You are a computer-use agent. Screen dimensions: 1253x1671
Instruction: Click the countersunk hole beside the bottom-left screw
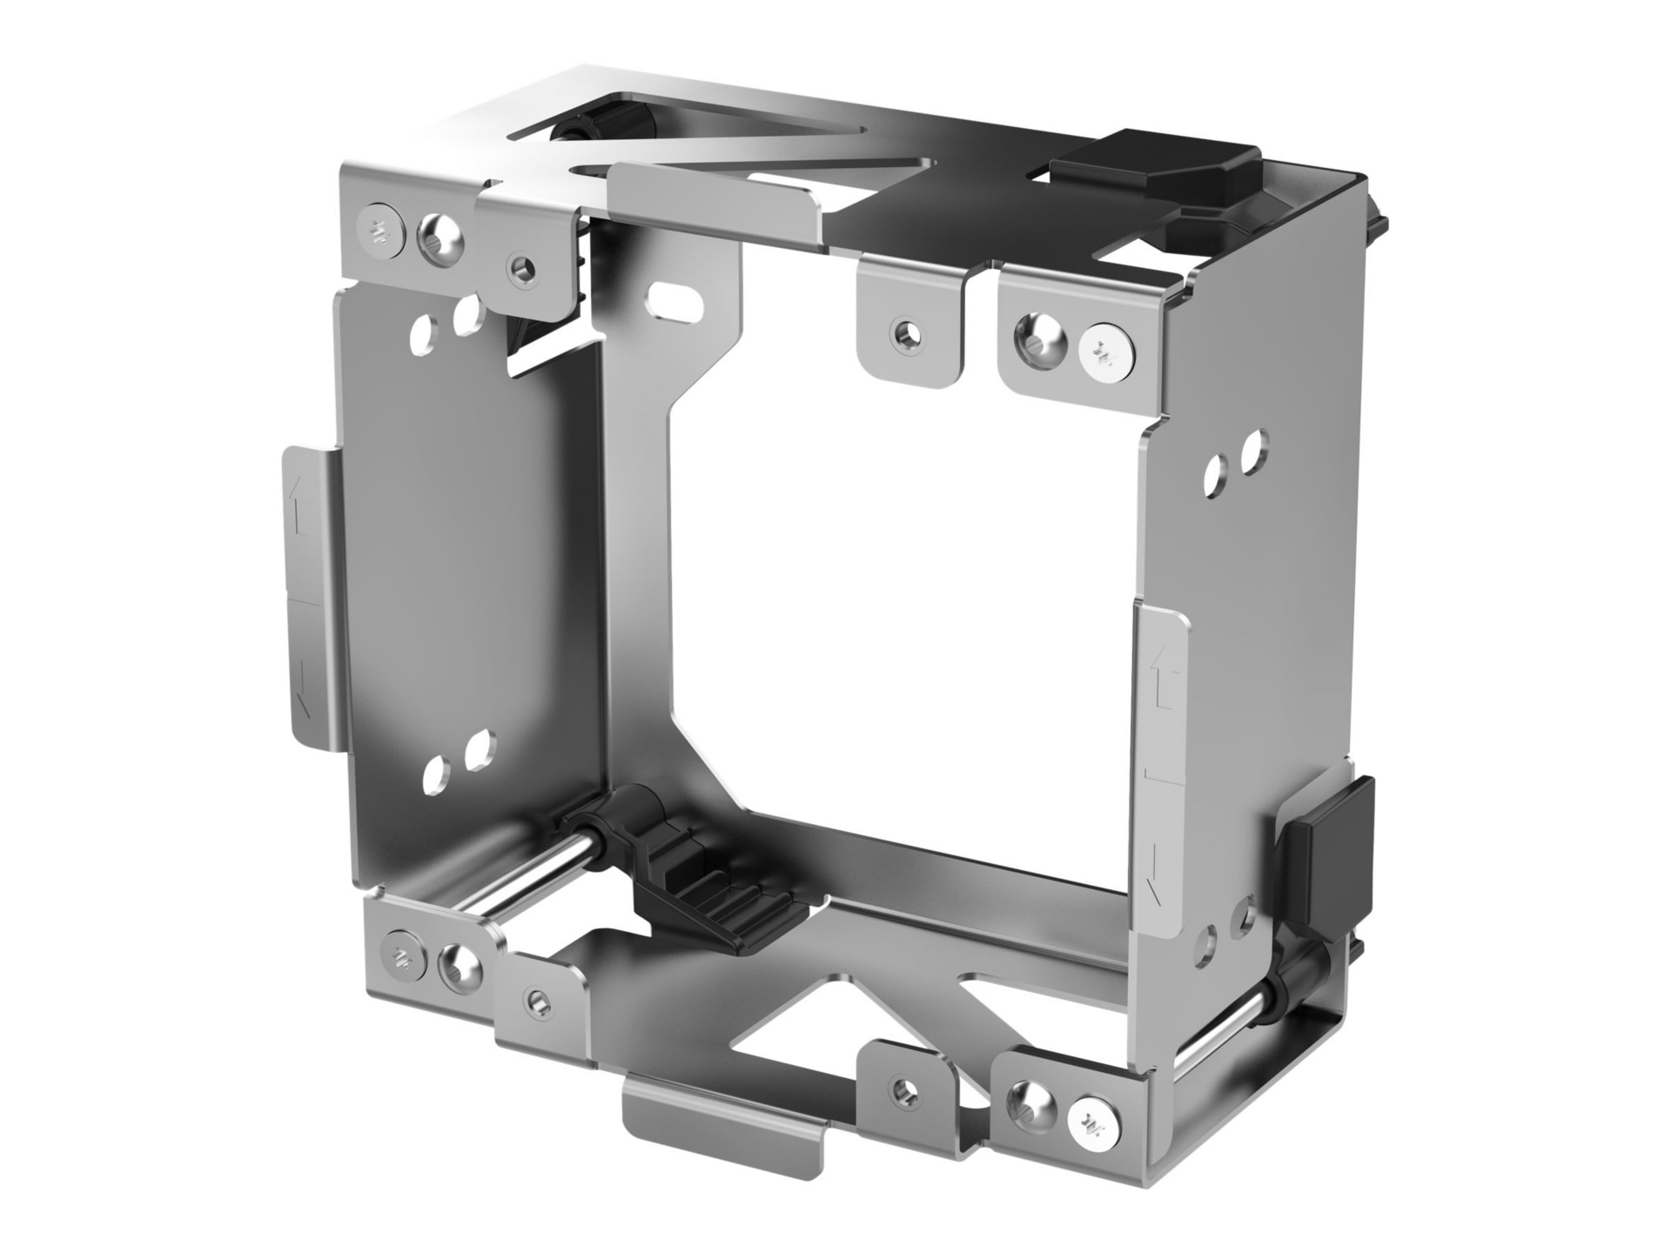click(458, 965)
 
